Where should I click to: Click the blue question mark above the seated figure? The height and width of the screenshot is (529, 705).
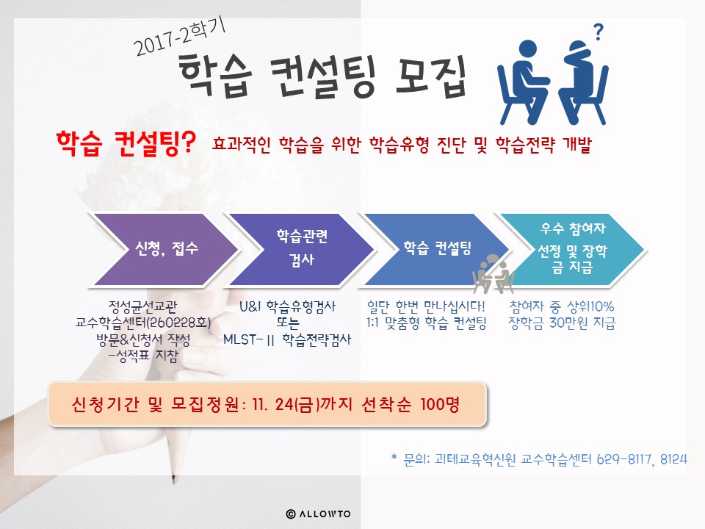(x=598, y=32)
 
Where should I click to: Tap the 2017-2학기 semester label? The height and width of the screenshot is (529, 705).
(x=180, y=37)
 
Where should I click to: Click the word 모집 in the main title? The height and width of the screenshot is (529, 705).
(x=431, y=77)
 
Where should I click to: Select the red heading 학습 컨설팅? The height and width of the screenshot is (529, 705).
(x=126, y=143)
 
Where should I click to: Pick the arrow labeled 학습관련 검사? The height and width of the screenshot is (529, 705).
(x=300, y=250)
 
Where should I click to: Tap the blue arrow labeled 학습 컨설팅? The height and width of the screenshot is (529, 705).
(x=436, y=250)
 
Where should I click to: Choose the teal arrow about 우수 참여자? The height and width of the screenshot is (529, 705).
(x=572, y=250)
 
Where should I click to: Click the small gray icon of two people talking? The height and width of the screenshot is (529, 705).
(x=493, y=273)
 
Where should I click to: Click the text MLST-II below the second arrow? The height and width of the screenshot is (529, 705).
(x=249, y=339)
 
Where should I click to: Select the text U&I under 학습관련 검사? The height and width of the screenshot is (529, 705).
(x=250, y=307)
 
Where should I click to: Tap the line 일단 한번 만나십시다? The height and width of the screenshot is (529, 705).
(x=426, y=307)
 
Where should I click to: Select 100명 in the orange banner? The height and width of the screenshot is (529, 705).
(x=439, y=404)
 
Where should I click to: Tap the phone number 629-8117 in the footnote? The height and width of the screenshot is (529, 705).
(x=624, y=459)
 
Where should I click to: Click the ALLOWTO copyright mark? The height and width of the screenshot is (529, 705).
(x=318, y=514)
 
